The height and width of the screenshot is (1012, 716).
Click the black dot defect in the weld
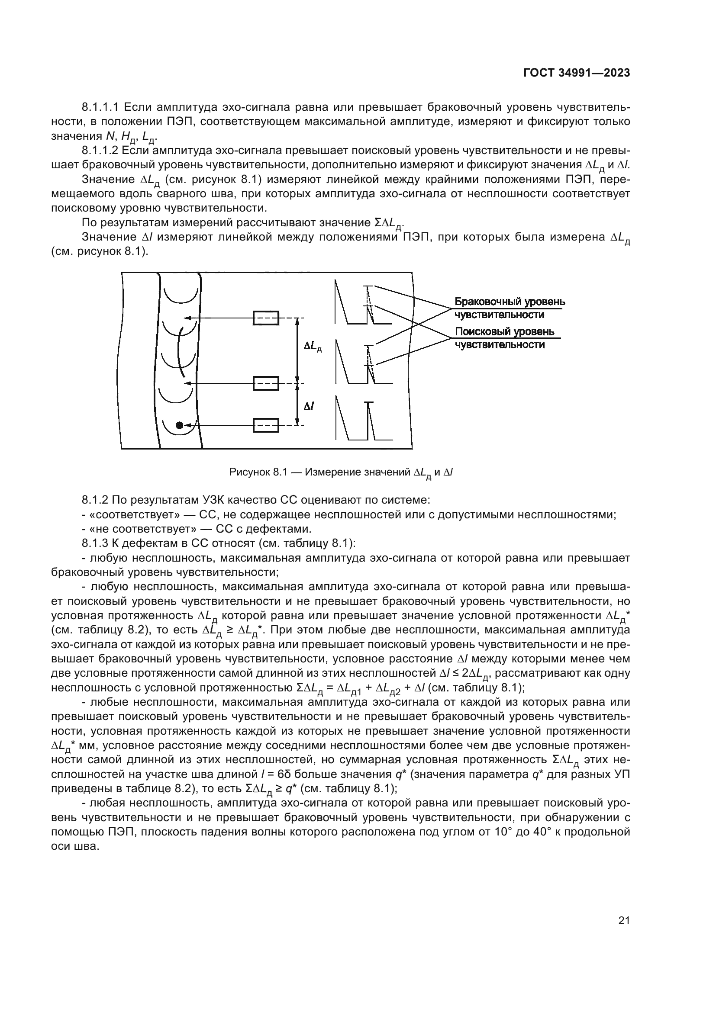point(179,425)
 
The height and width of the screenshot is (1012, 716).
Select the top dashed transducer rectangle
point(266,318)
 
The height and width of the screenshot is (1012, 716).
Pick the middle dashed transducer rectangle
point(266,383)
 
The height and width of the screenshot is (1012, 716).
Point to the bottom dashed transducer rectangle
point(266,425)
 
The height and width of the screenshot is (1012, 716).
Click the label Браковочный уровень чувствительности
point(509,308)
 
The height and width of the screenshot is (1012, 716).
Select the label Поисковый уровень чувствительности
point(505,338)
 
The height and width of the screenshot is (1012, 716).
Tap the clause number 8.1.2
point(95,500)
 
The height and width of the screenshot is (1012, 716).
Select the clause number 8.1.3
point(95,543)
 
